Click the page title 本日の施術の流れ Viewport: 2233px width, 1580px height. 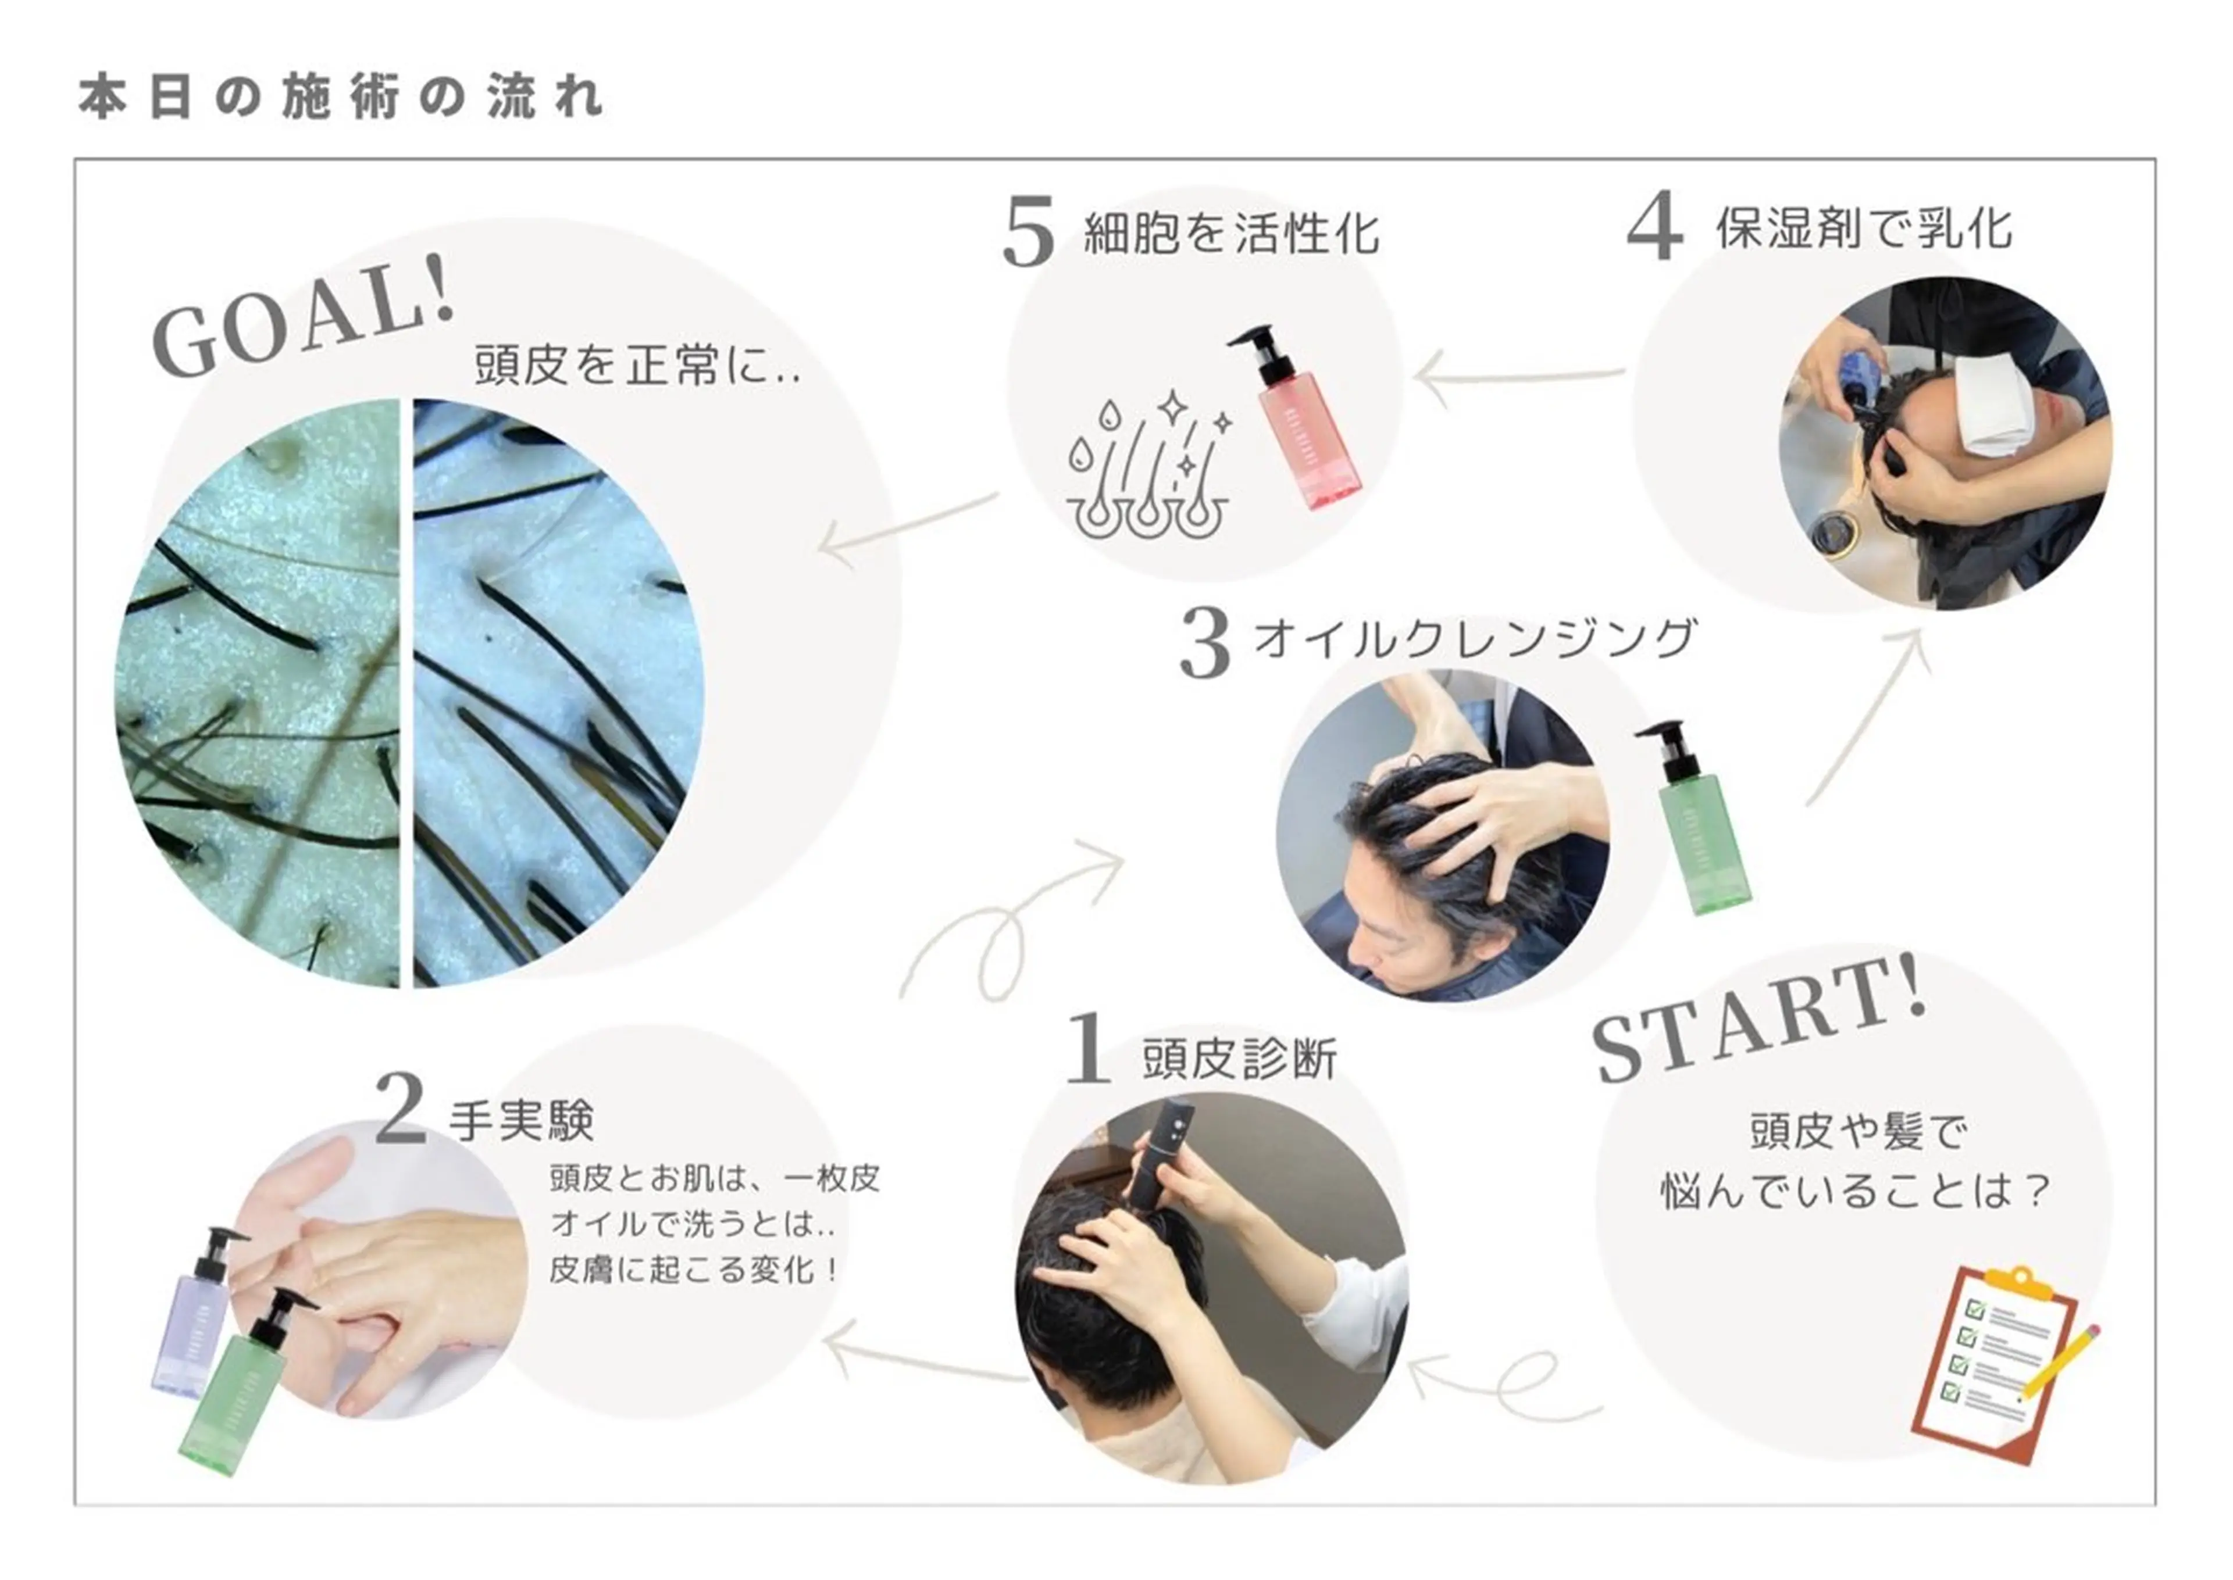click(x=341, y=97)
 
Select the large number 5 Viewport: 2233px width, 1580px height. click(x=1029, y=231)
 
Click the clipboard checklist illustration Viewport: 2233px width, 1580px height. click(x=1985, y=1362)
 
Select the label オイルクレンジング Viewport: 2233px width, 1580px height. click(x=1474, y=639)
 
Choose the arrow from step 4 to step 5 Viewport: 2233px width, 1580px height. click(x=1518, y=377)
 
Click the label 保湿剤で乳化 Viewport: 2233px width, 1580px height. click(x=1863, y=228)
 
